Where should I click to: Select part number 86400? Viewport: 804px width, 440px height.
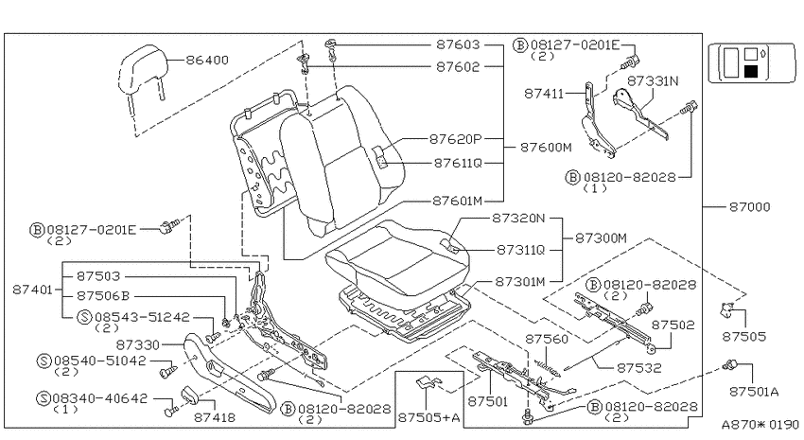tap(207, 60)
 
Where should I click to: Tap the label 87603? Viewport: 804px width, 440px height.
tap(459, 44)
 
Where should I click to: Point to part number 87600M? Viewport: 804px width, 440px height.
tap(546, 148)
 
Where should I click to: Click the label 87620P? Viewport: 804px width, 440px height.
tap(456, 138)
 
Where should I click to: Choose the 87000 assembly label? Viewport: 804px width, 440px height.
tap(750, 206)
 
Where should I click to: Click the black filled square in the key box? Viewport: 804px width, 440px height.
tap(751, 71)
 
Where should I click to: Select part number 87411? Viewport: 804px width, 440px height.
tap(544, 94)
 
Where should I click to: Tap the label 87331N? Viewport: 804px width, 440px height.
tap(653, 81)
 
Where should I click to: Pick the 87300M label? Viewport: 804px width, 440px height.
tap(601, 238)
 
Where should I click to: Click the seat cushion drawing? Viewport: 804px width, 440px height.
tap(398, 258)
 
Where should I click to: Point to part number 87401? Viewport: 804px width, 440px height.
tap(33, 290)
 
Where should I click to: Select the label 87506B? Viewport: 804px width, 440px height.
tap(103, 296)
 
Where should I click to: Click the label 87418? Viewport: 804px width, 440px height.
tap(215, 417)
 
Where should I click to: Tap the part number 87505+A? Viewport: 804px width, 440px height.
tap(429, 418)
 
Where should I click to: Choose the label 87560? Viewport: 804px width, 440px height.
tap(547, 339)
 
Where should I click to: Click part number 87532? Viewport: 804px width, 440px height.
tap(638, 368)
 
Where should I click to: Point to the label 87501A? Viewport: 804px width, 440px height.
tap(754, 392)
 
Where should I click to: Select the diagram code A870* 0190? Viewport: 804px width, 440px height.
tap(760, 425)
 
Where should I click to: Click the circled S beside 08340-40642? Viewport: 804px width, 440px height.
tap(44, 398)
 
